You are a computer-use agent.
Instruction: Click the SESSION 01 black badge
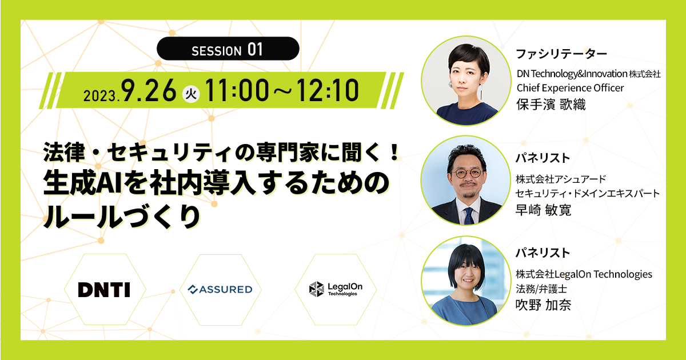(x=228, y=49)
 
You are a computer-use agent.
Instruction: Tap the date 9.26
(x=149, y=90)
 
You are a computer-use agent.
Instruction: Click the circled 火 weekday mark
(x=191, y=94)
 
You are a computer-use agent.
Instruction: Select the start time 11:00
(x=237, y=90)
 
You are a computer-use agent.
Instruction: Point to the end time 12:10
(x=328, y=90)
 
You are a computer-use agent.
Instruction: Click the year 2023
(x=101, y=96)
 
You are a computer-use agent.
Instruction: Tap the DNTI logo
(x=104, y=290)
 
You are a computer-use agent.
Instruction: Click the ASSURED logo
(x=220, y=289)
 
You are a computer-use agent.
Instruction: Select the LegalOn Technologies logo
(x=336, y=289)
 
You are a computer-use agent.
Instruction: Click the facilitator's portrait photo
(x=466, y=81)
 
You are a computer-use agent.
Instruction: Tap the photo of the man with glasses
(x=466, y=181)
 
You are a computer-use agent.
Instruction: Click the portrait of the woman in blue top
(x=466, y=281)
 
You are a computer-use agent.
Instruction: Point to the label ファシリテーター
(x=561, y=54)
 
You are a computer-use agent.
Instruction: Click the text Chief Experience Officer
(x=570, y=88)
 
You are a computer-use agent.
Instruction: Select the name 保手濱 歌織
(x=551, y=105)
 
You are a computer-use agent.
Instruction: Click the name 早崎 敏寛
(x=543, y=210)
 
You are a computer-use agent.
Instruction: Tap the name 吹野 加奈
(x=543, y=305)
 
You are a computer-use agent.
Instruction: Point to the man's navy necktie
(x=469, y=215)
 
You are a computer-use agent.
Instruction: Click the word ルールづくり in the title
(x=122, y=217)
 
